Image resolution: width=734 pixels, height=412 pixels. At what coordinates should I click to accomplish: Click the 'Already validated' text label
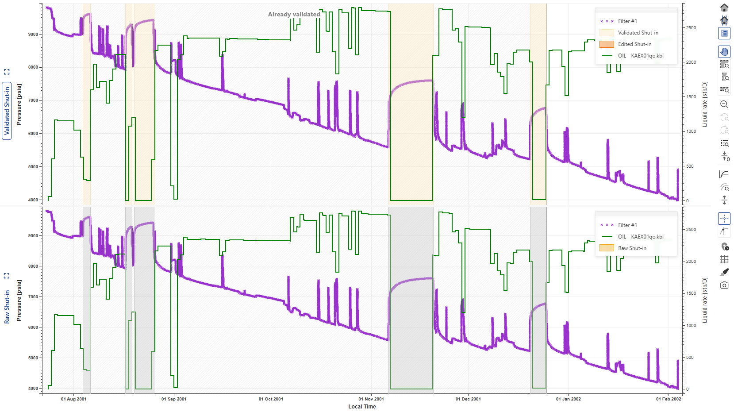[x=294, y=14]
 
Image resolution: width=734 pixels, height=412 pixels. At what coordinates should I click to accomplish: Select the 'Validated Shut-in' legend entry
[x=638, y=33]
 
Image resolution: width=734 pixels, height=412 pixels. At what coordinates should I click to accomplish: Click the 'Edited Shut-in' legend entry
[x=634, y=44]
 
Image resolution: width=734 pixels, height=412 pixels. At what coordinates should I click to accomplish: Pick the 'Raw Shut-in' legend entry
[x=632, y=248]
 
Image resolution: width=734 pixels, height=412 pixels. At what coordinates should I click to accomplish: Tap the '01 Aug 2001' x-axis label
[x=74, y=399]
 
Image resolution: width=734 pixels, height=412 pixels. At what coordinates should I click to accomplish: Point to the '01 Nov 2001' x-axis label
[x=371, y=399]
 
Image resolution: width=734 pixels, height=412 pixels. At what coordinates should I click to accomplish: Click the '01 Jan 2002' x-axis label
[x=568, y=399]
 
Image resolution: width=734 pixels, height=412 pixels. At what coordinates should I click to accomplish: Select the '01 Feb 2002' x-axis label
[x=668, y=399]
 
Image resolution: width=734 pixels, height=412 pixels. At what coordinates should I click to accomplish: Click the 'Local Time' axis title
[x=362, y=407]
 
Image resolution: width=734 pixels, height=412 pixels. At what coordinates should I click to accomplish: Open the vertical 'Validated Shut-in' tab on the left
[x=7, y=111]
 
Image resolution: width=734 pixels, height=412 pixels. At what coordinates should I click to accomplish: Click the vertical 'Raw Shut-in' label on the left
[x=7, y=307]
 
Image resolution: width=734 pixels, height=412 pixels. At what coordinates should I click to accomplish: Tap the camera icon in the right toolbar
[x=724, y=285]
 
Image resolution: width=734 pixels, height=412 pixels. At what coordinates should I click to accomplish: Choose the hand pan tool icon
[x=724, y=52]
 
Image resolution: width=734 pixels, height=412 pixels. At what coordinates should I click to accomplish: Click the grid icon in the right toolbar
[x=724, y=259]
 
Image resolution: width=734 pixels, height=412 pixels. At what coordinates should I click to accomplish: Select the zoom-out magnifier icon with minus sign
[x=724, y=104]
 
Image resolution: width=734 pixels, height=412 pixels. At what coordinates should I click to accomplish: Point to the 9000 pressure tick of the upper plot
[x=33, y=34]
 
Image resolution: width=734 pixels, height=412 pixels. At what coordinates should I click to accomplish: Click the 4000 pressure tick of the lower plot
[x=33, y=389]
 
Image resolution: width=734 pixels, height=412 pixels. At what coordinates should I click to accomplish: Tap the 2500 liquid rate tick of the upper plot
[x=691, y=28]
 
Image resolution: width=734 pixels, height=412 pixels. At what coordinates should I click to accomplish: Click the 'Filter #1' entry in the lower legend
[x=627, y=225]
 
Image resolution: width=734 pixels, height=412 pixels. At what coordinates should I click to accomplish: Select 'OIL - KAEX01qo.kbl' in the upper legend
[x=640, y=56]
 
